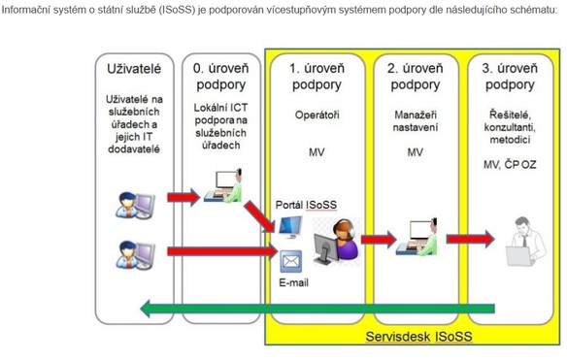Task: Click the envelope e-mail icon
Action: (291, 261)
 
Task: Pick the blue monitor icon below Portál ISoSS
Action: (289, 227)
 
